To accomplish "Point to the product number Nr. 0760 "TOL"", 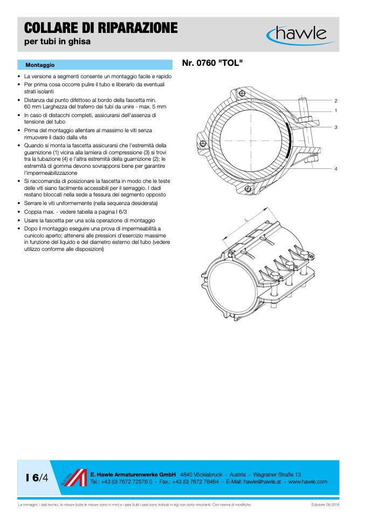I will point(212,64).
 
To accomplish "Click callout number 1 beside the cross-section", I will point(335,111).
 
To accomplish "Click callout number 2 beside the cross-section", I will point(335,101).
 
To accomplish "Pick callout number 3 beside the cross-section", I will point(335,127).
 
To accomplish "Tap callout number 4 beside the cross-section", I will point(335,169).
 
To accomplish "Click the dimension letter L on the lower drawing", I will point(246,220).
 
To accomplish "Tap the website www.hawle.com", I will point(308,481).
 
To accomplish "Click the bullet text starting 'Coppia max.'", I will point(79,212).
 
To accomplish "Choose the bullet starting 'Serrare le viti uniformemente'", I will point(91,203).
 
